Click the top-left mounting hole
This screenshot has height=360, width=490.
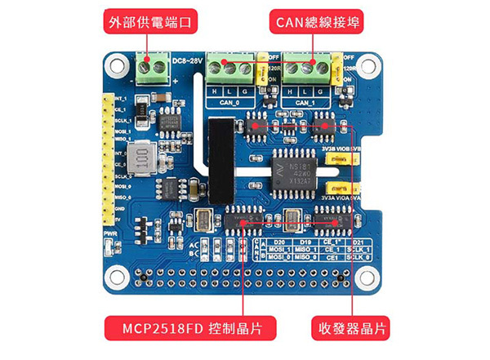click(x=116, y=64)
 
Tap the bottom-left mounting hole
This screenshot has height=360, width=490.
click(x=117, y=275)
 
